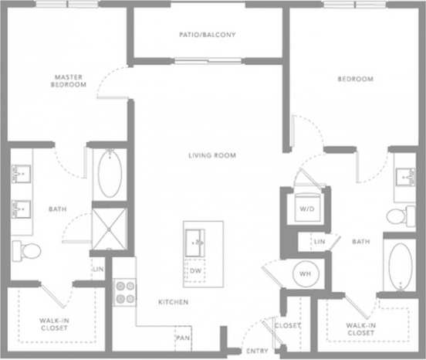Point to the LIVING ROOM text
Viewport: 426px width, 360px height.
point(212,155)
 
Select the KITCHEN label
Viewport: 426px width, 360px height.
point(174,301)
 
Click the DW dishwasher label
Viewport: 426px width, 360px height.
point(196,271)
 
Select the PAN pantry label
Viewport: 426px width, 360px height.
point(183,338)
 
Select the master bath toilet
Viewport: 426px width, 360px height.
point(27,250)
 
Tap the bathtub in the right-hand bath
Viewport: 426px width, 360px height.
point(401,267)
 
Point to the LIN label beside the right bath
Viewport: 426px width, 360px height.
point(319,243)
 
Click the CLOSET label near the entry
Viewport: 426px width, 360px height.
point(288,326)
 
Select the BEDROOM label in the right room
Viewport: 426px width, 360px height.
point(356,79)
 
